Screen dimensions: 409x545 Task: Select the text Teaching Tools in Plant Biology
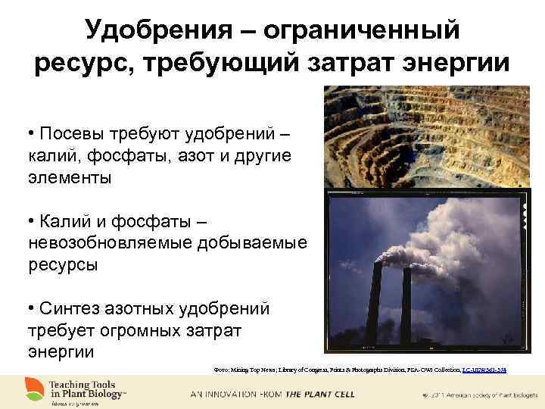click(87, 389)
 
